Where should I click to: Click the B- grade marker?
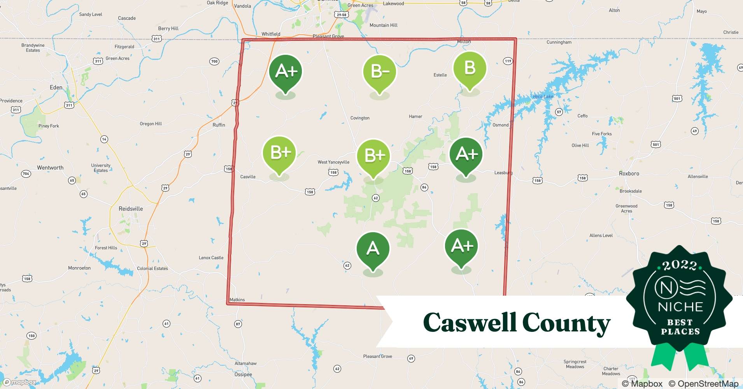click(379, 72)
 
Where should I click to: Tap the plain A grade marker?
click(373, 249)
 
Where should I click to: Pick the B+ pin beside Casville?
click(279, 152)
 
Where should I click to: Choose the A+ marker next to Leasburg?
click(466, 154)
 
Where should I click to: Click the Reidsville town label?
click(131, 209)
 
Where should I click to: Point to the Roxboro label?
click(629, 173)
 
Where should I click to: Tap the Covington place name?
click(360, 118)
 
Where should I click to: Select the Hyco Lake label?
click(543, 96)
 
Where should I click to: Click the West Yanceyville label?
click(333, 162)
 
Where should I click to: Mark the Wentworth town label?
click(50, 168)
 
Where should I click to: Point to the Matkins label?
click(237, 300)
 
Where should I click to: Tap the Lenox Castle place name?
click(211, 258)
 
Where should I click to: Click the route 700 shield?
click(214, 61)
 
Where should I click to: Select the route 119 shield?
click(508, 61)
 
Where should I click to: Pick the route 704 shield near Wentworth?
click(26, 174)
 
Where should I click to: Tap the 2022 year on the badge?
click(680, 266)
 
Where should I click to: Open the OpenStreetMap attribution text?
click(703, 384)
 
